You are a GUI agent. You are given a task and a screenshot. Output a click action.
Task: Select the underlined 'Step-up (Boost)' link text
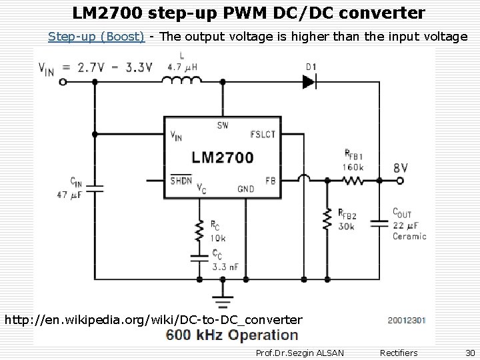click(x=96, y=37)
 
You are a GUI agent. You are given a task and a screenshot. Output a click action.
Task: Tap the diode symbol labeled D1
click(x=308, y=81)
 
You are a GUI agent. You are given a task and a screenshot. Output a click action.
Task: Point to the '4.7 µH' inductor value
click(x=187, y=66)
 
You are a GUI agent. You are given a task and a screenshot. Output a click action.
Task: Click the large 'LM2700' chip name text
click(x=222, y=158)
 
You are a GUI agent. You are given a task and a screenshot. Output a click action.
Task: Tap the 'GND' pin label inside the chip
click(x=245, y=189)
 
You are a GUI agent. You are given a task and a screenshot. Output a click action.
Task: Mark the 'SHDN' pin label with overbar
click(x=181, y=180)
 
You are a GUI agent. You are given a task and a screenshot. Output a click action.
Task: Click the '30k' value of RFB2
click(x=347, y=226)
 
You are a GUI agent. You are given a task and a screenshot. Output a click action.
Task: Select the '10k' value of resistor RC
click(x=219, y=237)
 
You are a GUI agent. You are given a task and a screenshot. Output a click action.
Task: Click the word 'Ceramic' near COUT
click(x=409, y=236)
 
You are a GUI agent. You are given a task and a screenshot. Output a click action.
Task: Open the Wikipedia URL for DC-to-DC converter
click(x=153, y=320)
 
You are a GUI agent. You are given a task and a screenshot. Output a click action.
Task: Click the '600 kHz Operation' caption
click(x=232, y=336)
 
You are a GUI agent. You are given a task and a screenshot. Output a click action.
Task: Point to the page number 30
click(x=470, y=352)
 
